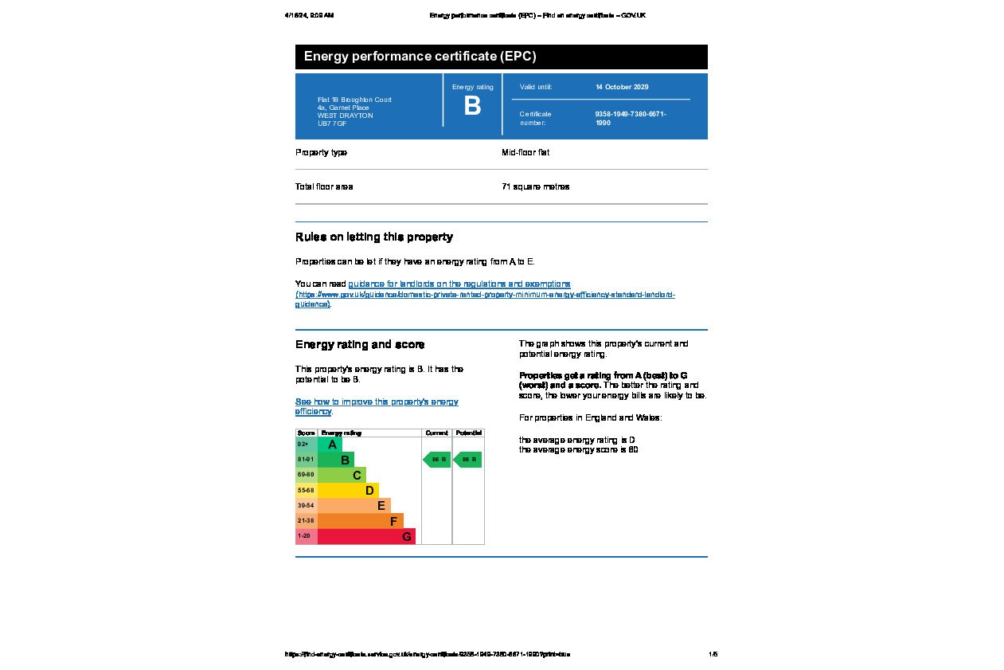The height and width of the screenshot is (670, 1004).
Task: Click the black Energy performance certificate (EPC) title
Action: [420, 57]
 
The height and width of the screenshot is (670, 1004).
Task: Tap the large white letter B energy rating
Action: [472, 106]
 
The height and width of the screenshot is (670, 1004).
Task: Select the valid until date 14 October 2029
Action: [622, 87]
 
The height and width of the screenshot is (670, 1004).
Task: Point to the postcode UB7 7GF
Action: [332, 124]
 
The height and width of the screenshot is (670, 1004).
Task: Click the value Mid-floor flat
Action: [525, 152]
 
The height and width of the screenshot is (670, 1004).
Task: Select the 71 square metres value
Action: [535, 186]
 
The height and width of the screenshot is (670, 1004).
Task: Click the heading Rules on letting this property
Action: [373, 237]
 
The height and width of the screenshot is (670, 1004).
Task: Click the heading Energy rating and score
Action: [360, 344]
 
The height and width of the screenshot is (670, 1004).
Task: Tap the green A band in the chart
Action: [330, 445]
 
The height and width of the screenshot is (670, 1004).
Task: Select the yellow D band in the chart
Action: [349, 491]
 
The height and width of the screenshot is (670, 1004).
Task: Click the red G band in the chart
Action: [366, 536]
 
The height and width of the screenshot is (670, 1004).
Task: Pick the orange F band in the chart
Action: [361, 521]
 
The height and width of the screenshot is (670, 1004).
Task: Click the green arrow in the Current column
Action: [437, 460]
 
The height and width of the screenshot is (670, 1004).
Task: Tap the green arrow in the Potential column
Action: [468, 460]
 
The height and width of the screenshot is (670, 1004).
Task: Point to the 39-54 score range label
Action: [306, 506]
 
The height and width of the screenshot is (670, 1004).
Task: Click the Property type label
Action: [321, 152]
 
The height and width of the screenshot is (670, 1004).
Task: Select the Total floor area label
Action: [324, 186]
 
